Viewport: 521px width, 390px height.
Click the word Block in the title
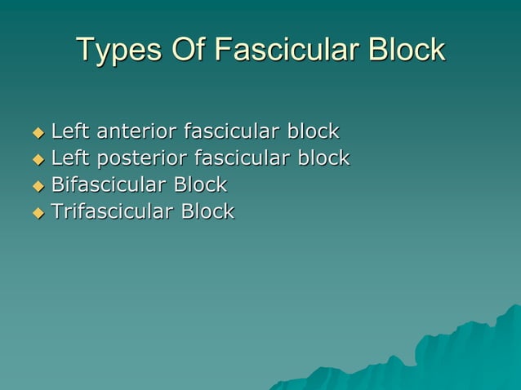click(x=406, y=51)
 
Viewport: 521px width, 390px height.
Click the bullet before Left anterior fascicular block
click(x=37, y=131)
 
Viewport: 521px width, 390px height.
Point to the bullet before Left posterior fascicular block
click(x=37, y=158)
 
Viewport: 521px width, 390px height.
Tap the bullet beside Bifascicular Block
click(x=37, y=185)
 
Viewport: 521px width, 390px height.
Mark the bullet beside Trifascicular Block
click(x=37, y=212)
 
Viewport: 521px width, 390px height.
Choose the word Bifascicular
click(x=112, y=184)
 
